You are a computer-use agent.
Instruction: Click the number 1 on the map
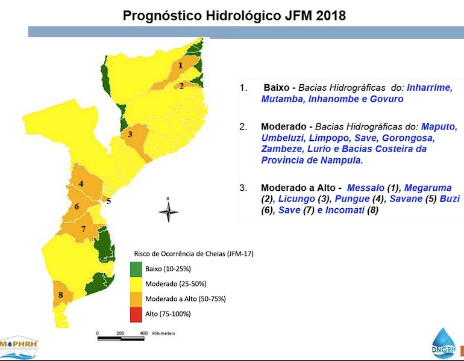pyautogui.click(x=180, y=64)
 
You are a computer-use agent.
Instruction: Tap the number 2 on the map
pyautogui.click(x=181, y=85)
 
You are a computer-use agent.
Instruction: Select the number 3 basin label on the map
pyautogui.click(x=130, y=134)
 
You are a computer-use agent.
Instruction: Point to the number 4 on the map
pyautogui.click(x=81, y=184)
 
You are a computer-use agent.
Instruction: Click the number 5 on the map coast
pyautogui.click(x=108, y=201)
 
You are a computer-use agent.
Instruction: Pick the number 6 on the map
pyautogui.click(x=77, y=207)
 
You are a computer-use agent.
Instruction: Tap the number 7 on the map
pyautogui.click(x=84, y=228)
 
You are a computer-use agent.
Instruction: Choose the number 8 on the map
pyautogui.click(x=61, y=295)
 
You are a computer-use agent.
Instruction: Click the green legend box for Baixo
pyautogui.click(x=136, y=268)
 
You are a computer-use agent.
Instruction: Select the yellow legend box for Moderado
pyautogui.click(x=136, y=283)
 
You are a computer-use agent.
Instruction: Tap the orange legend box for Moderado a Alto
pyautogui.click(x=136, y=298)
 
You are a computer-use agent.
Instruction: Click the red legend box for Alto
pyautogui.click(x=136, y=313)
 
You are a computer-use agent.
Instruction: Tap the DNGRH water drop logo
pyautogui.click(x=444, y=344)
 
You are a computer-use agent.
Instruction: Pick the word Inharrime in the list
pyautogui.click(x=429, y=87)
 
